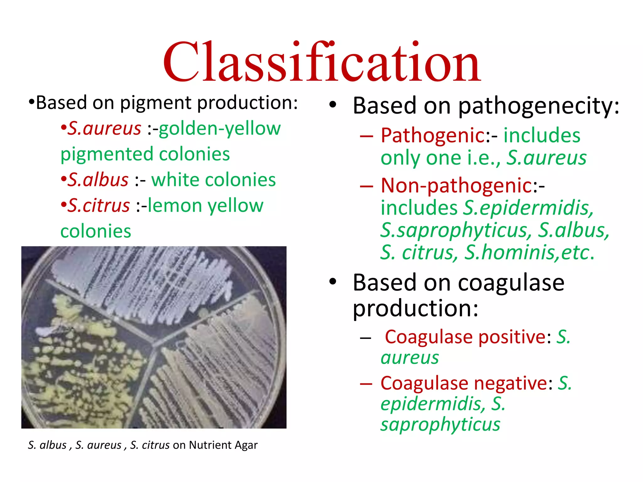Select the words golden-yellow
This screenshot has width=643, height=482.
click(219, 128)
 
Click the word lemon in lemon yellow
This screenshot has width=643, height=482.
click(175, 206)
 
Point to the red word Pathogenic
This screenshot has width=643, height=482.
click(433, 136)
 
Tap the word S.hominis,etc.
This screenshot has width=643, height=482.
click(529, 252)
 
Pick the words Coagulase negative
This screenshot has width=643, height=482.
click(464, 383)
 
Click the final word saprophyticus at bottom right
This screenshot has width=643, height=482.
click(440, 425)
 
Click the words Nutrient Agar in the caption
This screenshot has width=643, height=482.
click(223, 445)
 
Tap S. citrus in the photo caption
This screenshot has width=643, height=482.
click(150, 445)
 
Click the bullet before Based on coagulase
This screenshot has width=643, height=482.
click(332, 281)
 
